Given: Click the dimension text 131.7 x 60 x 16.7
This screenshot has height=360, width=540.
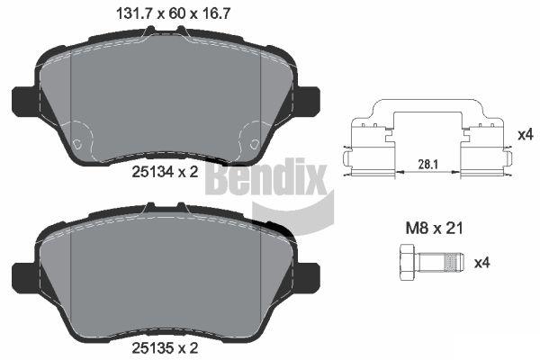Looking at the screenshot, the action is [173, 13].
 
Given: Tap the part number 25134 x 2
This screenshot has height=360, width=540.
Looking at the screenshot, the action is [165, 172].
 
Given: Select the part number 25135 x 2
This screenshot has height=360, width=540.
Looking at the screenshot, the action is [165, 348].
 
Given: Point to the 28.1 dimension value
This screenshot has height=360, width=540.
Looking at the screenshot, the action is [427, 165].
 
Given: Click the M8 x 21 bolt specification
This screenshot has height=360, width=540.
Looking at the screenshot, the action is [434, 228].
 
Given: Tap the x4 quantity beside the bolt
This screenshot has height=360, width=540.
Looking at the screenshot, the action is [482, 263].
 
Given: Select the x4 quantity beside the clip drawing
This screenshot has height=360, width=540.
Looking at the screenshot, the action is [526, 135].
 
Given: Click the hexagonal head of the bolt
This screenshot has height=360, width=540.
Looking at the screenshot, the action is [409, 262].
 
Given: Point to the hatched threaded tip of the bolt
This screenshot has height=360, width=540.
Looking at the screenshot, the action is [454, 262].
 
